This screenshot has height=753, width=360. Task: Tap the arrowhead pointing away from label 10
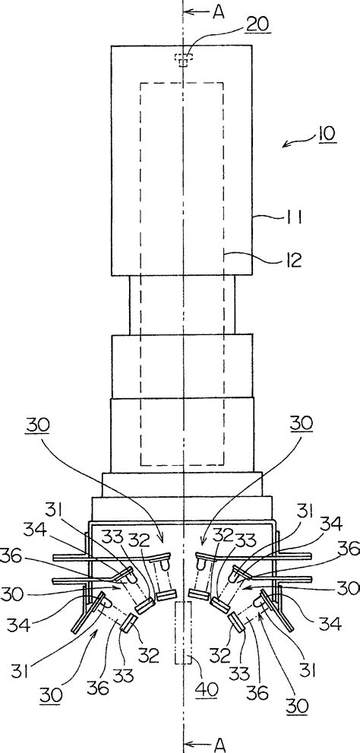(x=285, y=146)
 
